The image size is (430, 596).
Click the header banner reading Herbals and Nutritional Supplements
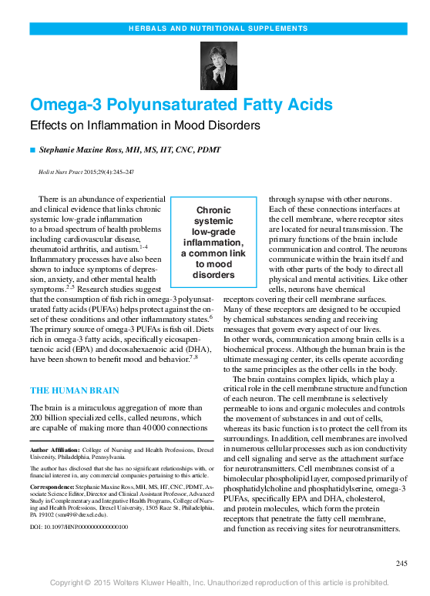[x=214, y=29]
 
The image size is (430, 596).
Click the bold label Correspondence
[x=56, y=487]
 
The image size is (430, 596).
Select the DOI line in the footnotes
[x=79, y=527]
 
